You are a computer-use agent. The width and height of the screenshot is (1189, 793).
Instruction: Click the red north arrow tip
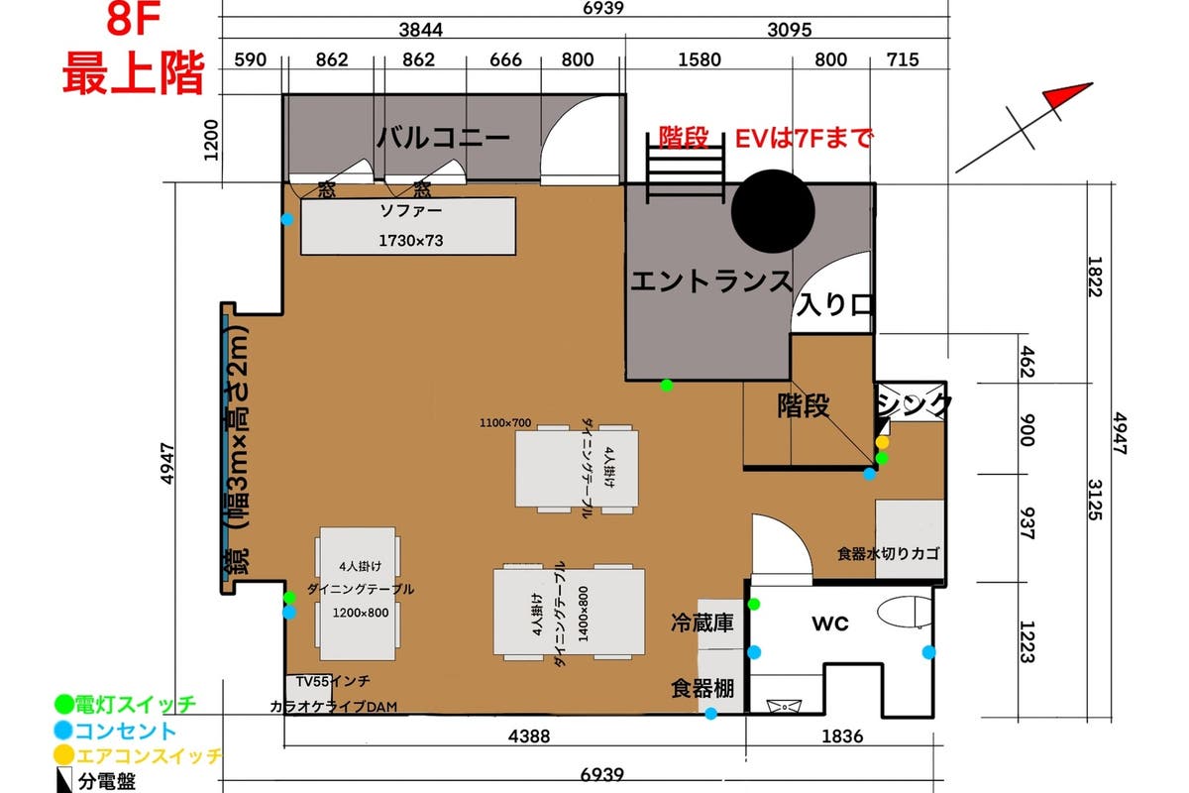pyautogui.click(x=1092, y=83)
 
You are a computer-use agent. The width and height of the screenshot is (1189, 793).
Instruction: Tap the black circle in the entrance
pyautogui.click(x=773, y=211)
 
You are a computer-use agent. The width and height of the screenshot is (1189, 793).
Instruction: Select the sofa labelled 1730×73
pyautogui.click(x=408, y=226)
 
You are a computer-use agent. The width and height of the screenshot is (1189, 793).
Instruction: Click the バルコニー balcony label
pyautogui.click(x=444, y=138)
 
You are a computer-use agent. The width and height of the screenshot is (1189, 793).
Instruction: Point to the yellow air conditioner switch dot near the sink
pyautogui.click(x=882, y=442)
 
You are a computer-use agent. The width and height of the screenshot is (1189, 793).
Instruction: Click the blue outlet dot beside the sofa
pyautogui.click(x=287, y=219)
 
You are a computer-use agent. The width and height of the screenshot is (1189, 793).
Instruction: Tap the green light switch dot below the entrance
pyautogui.click(x=667, y=385)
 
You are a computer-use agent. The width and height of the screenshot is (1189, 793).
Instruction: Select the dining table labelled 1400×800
pyautogui.click(x=569, y=612)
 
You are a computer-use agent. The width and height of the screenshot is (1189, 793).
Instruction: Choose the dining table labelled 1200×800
pyautogui.click(x=358, y=594)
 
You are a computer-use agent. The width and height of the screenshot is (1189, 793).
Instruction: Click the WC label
pyautogui.click(x=830, y=623)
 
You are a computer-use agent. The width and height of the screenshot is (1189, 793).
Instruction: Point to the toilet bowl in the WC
pyautogui.click(x=905, y=612)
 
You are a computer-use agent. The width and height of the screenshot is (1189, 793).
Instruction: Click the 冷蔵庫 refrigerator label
pyautogui.click(x=703, y=623)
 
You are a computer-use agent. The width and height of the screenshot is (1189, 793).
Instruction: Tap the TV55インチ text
pyautogui.click(x=333, y=681)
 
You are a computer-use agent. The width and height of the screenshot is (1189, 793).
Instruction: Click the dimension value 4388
pyautogui.click(x=529, y=736)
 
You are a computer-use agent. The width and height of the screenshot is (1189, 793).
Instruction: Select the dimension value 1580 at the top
pyautogui.click(x=700, y=59)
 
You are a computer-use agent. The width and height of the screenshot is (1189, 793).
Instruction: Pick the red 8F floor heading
pyautogui.click(x=133, y=20)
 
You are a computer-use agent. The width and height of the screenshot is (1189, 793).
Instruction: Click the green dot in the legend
pyautogui.click(x=63, y=705)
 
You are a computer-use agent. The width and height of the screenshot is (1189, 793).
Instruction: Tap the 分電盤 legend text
pyautogui.click(x=107, y=782)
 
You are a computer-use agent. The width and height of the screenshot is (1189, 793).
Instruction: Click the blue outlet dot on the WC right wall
pyautogui.click(x=928, y=652)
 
